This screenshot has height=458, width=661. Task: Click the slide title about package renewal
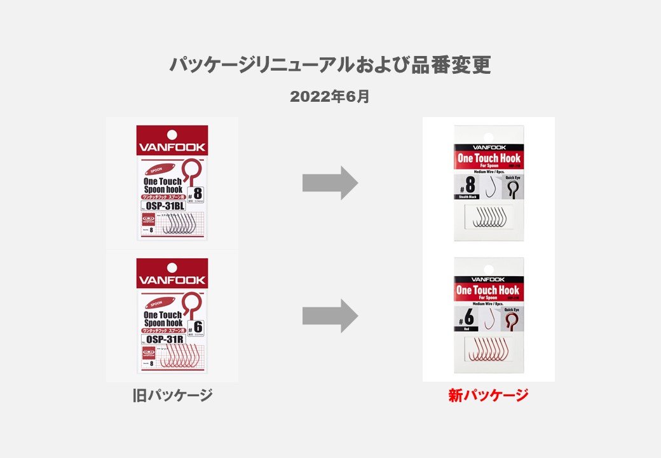(330, 65)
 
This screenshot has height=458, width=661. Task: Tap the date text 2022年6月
(330, 97)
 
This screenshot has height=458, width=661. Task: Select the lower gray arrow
(330, 316)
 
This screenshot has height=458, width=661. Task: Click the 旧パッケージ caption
(172, 396)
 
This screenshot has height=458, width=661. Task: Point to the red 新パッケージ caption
(488, 396)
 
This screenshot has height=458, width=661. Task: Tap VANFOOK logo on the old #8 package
(172, 147)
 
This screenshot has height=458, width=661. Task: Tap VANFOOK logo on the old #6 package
(172, 280)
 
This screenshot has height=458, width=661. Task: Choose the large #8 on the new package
(470, 184)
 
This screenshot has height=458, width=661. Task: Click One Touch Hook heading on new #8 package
(488, 158)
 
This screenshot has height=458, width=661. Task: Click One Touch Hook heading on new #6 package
(488, 290)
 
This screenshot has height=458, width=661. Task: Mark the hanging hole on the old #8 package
(172, 134)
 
